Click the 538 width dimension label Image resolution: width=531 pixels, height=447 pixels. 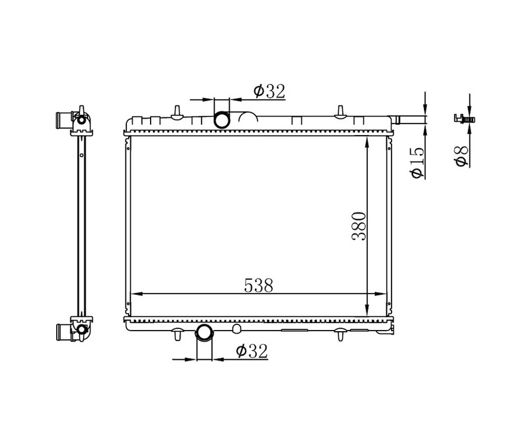pos(258,286)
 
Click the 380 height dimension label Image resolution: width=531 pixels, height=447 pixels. pos(359,226)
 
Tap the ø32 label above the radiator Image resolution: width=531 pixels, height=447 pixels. pos(270,91)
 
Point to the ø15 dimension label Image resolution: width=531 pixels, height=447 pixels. pos(417,162)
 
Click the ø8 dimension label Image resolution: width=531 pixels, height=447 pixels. pos(462,156)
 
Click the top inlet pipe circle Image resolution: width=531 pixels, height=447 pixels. pos(221,119)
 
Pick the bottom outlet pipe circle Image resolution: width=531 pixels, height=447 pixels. pos(205,332)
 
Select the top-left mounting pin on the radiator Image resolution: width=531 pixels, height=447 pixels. pos(177,113)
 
